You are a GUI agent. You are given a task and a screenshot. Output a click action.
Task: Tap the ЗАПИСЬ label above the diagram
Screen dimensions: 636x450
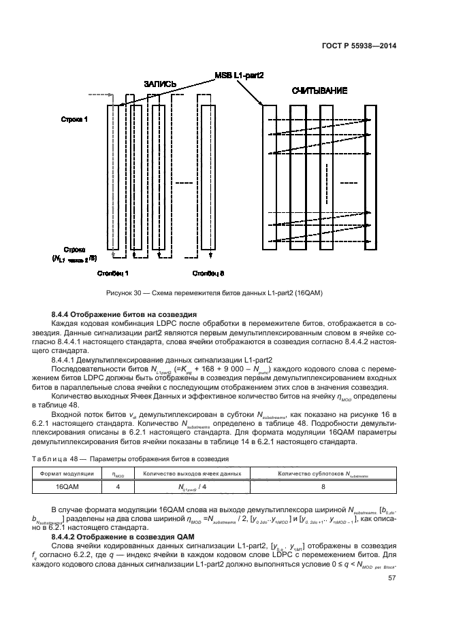pyautogui.click(x=160, y=84)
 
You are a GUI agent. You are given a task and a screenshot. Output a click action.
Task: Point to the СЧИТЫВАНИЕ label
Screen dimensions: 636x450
pyautogui.click(x=319, y=90)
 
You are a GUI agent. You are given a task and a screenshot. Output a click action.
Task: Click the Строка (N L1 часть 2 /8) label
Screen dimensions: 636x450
pyautogui.click(x=74, y=253)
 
